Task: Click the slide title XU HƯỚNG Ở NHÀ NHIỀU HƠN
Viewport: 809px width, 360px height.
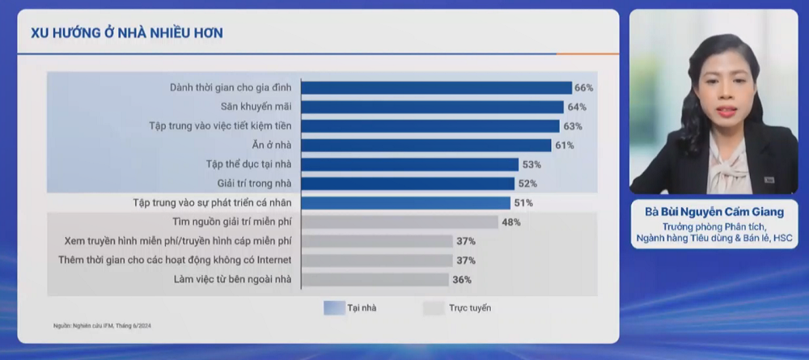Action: tap(127, 33)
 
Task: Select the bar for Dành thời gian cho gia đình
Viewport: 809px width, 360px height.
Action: tap(436, 87)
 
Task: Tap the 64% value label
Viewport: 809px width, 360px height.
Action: tap(577, 107)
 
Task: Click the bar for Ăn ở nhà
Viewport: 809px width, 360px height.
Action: tap(427, 146)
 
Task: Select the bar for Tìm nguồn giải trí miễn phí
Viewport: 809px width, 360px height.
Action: tap(400, 222)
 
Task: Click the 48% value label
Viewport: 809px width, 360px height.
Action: tap(510, 222)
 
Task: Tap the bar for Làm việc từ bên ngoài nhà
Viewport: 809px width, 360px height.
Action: tap(375, 280)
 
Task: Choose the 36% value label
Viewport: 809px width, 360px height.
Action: tap(462, 280)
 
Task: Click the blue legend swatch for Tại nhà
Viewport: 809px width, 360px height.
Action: tap(334, 307)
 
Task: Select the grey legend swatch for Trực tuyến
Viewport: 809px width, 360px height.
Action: tap(434, 307)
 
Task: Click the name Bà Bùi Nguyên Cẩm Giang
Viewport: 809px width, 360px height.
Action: tap(714, 213)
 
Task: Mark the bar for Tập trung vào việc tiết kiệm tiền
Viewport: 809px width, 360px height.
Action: tap(430, 126)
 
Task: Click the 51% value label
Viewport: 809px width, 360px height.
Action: tap(523, 203)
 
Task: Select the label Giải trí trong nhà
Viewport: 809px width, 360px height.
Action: tap(253, 184)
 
